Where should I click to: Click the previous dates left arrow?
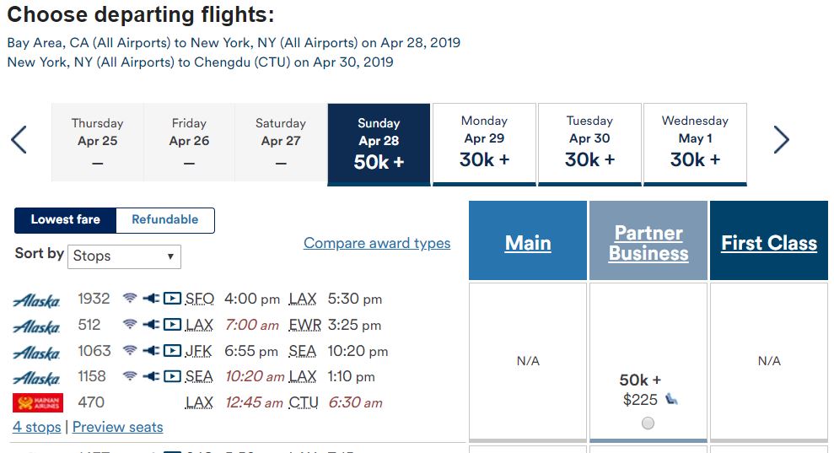[19, 140]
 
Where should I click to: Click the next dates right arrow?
[781, 140]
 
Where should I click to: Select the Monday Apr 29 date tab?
[484, 143]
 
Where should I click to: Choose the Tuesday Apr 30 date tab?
[589, 143]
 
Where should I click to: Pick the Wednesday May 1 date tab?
[695, 143]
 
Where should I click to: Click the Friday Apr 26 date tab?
[189, 143]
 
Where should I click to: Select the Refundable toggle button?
[165, 219]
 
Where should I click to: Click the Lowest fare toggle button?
[66, 219]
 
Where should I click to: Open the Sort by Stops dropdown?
[125, 256]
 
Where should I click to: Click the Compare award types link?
[377, 243]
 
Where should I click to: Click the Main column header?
[528, 243]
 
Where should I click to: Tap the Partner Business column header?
[648, 243]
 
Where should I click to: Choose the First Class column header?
[769, 243]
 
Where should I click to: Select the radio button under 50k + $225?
[648, 423]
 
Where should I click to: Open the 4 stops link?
[37, 427]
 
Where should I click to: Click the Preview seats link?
[118, 427]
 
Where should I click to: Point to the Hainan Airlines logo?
[38, 402]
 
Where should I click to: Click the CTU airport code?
[304, 402]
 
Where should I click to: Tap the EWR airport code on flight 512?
[304, 325]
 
